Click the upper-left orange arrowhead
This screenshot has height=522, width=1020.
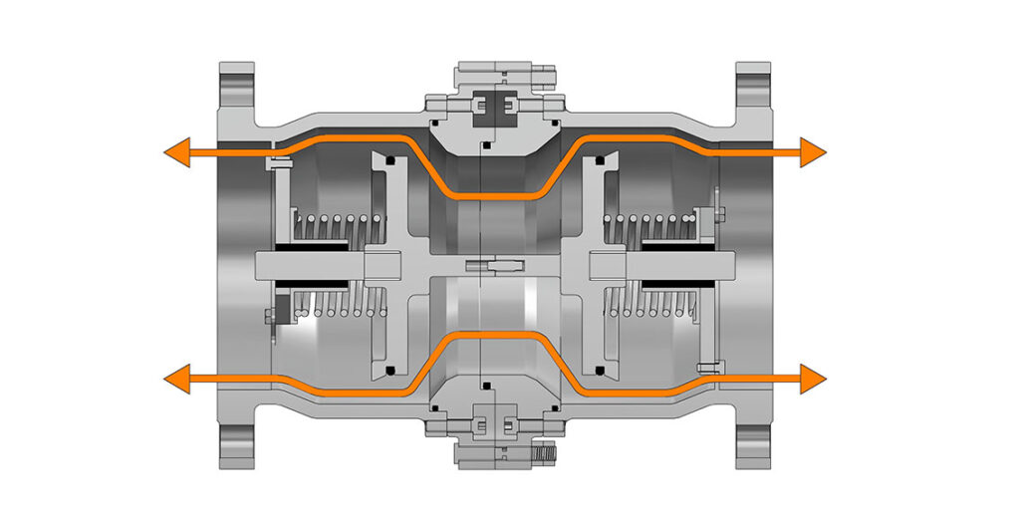pyautogui.click(x=177, y=152)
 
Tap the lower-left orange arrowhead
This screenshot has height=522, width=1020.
pyautogui.click(x=177, y=379)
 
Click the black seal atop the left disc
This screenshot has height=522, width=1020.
pyautogui.click(x=391, y=159)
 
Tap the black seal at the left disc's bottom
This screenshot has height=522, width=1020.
pyautogui.click(x=391, y=371)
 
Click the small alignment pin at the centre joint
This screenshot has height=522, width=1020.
pyautogui.click(x=495, y=265)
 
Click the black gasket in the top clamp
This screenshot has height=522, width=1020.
pyautogui.click(x=494, y=103)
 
